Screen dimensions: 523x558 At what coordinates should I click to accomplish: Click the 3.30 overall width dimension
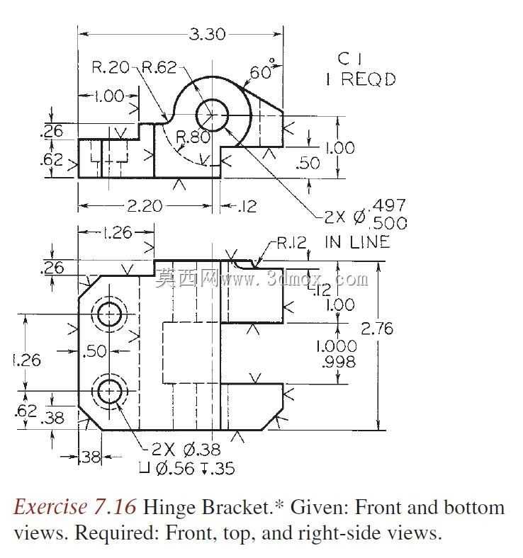[x=207, y=35]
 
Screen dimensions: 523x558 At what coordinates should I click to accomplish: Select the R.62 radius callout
[x=159, y=67]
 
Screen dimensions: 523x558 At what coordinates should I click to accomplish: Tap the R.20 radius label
[x=111, y=67]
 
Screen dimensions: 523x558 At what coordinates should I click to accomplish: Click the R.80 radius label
[x=193, y=137]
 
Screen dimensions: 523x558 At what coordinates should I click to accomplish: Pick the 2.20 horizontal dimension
[x=145, y=206]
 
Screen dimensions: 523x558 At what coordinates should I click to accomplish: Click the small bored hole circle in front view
[x=212, y=115]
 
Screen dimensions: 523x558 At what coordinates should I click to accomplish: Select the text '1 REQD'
[x=361, y=79]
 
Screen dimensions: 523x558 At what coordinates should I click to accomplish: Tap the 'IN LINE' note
[x=357, y=242]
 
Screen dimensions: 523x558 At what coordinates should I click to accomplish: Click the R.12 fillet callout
[x=291, y=243]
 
